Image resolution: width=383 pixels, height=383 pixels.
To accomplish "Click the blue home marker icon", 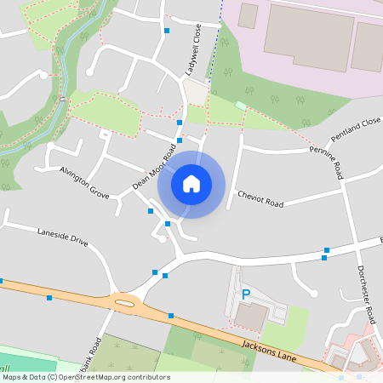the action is click(191, 183).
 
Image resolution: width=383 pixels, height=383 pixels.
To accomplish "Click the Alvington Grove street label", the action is click(84, 182).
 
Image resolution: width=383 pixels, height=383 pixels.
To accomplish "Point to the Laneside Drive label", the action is click(62, 236).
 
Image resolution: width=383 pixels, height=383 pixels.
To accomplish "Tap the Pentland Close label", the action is click(355, 134).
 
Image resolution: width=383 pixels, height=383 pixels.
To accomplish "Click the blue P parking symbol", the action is click(246, 294).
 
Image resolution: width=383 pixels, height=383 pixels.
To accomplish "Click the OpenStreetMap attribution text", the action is click(85, 376).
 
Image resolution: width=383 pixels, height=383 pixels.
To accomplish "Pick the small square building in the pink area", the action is click(248, 14).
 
